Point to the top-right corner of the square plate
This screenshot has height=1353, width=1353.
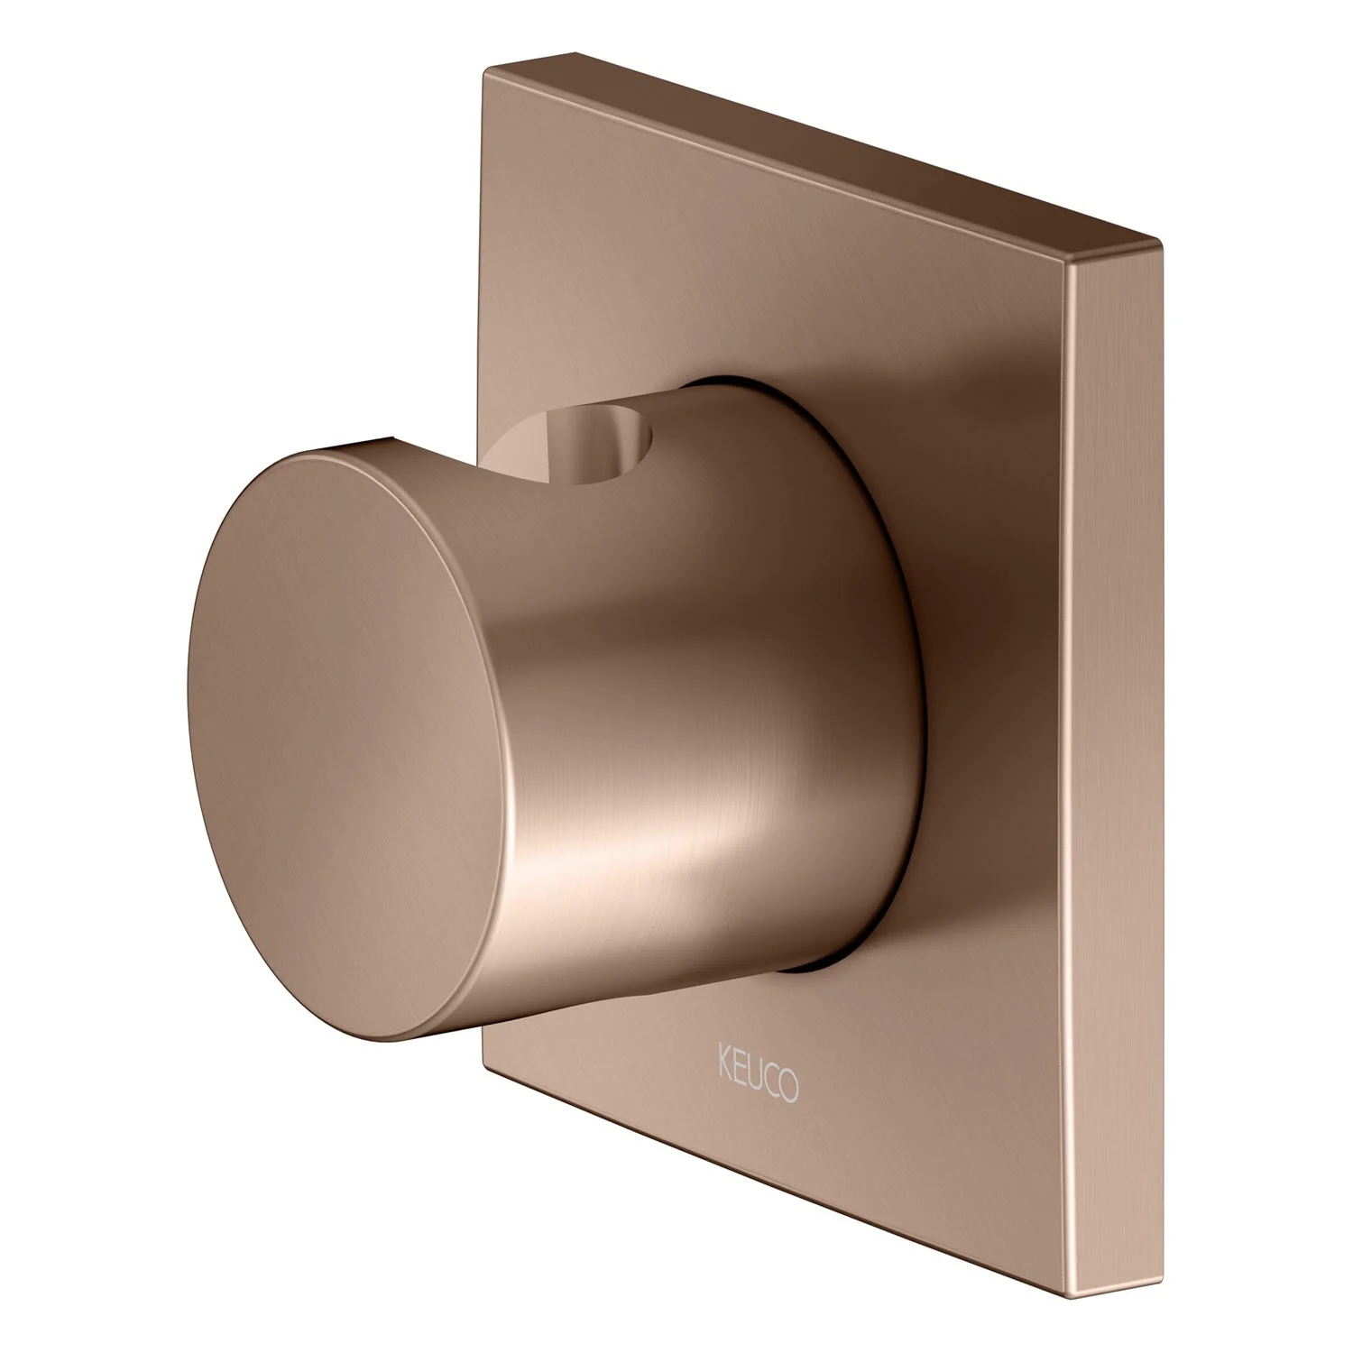(x=1159, y=239)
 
